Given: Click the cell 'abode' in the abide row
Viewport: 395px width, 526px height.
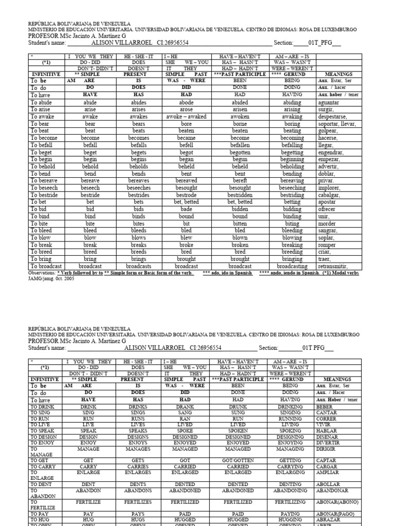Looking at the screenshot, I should pos(186,102).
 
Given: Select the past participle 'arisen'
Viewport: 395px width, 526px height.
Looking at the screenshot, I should pos(240,109).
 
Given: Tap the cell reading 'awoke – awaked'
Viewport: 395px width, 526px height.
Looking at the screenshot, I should pos(186,117).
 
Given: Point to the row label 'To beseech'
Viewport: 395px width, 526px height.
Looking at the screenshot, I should pos(44,188).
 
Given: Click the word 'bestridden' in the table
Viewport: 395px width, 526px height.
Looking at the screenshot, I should pos(240,195).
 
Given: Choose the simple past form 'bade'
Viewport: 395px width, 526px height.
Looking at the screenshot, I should pos(186,209).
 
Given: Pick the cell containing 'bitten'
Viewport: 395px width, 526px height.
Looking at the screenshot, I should pos(240,223).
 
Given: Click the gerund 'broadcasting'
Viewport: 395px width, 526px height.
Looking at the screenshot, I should pos(292,266).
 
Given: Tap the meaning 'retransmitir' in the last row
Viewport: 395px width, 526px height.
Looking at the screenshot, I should pos(333,266).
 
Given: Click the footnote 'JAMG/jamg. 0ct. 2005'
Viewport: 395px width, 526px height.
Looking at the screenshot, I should pos(51,278).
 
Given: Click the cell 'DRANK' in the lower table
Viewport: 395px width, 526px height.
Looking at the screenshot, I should pos(186,406).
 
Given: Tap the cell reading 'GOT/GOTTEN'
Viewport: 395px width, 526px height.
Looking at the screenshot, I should pos(238,460).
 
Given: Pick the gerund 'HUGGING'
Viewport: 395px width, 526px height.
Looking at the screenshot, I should pos(290,520).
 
